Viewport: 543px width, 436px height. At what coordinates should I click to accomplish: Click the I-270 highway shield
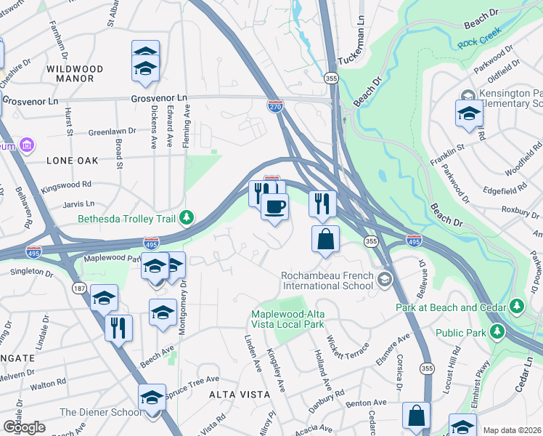click(274, 107)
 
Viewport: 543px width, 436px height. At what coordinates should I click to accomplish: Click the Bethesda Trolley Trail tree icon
click(187, 217)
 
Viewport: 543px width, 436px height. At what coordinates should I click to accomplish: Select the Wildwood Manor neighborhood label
click(75, 74)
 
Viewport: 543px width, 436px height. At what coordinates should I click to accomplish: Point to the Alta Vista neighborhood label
click(240, 394)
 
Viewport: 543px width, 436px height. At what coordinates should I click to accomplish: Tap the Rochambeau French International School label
click(327, 280)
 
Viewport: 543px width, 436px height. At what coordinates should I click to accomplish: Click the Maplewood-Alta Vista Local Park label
click(298, 319)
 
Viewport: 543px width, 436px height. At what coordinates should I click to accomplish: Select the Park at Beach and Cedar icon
click(517, 307)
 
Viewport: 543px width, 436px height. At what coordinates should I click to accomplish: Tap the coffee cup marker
click(274, 207)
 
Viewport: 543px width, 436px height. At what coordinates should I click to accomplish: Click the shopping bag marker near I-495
click(325, 238)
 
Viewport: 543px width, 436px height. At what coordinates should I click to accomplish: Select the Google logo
click(24, 427)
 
